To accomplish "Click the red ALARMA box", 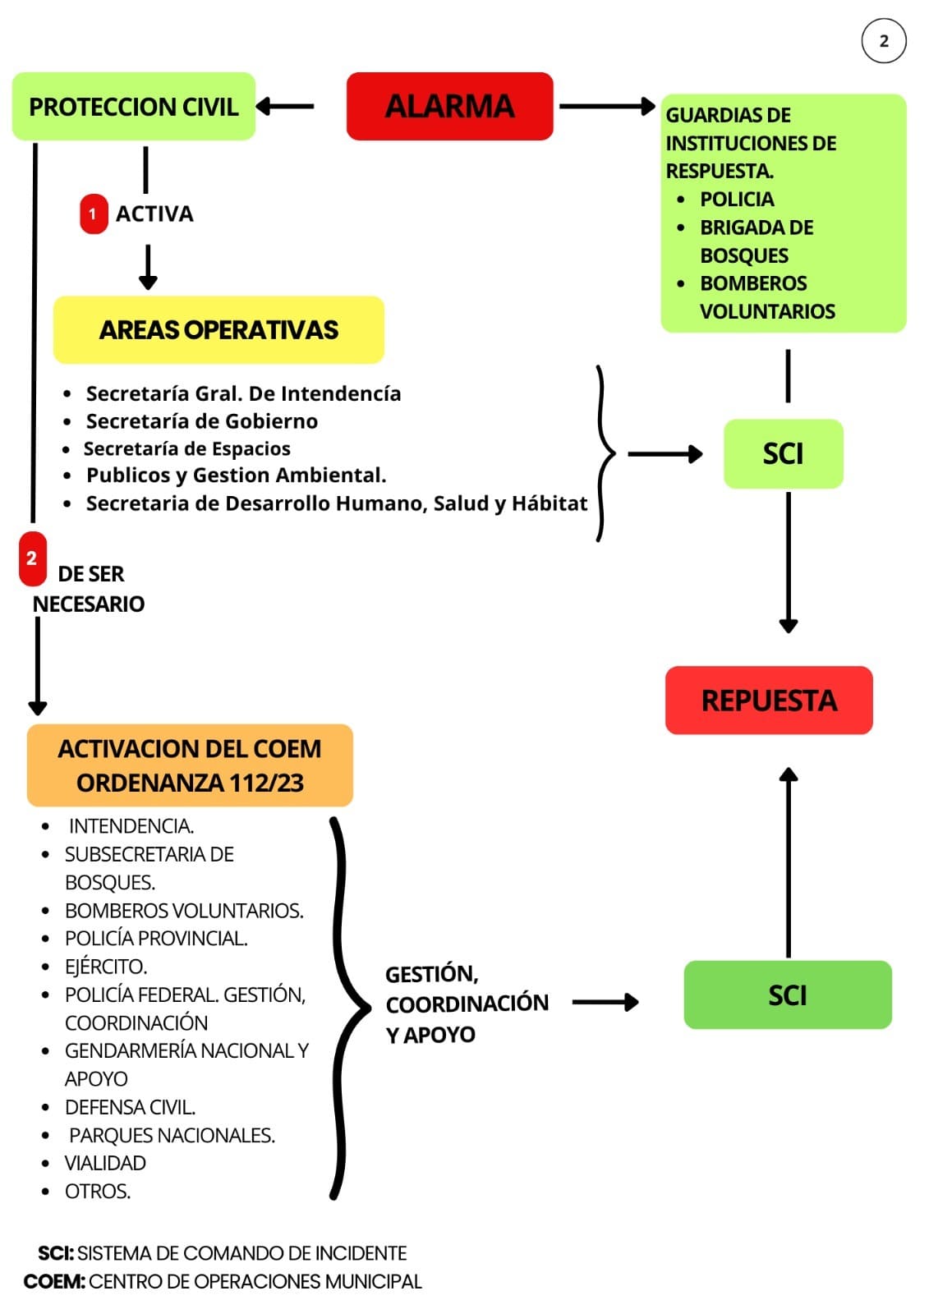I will point(449,106).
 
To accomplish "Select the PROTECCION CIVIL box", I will point(133,107).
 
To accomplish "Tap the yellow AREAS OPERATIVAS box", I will point(218,329).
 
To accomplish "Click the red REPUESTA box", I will point(769,701).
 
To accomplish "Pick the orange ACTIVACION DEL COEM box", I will point(190,765).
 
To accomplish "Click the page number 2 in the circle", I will point(884,42).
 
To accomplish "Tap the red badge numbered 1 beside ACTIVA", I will point(93,214).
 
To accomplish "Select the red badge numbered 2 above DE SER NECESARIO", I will point(32,558).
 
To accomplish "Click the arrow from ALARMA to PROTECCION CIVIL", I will point(285,106).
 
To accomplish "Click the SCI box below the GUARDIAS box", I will point(783,454).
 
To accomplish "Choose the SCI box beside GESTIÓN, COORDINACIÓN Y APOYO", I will point(787,995).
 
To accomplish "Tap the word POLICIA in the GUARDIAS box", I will point(737,200).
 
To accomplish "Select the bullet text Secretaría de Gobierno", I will point(202,421).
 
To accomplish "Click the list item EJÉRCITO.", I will point(106,967).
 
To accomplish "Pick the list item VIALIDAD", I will point(105,1163).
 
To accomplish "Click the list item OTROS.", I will point(98,1191).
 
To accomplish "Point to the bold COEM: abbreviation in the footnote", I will point(54,1281).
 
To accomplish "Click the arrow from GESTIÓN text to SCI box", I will point(605,1002).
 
